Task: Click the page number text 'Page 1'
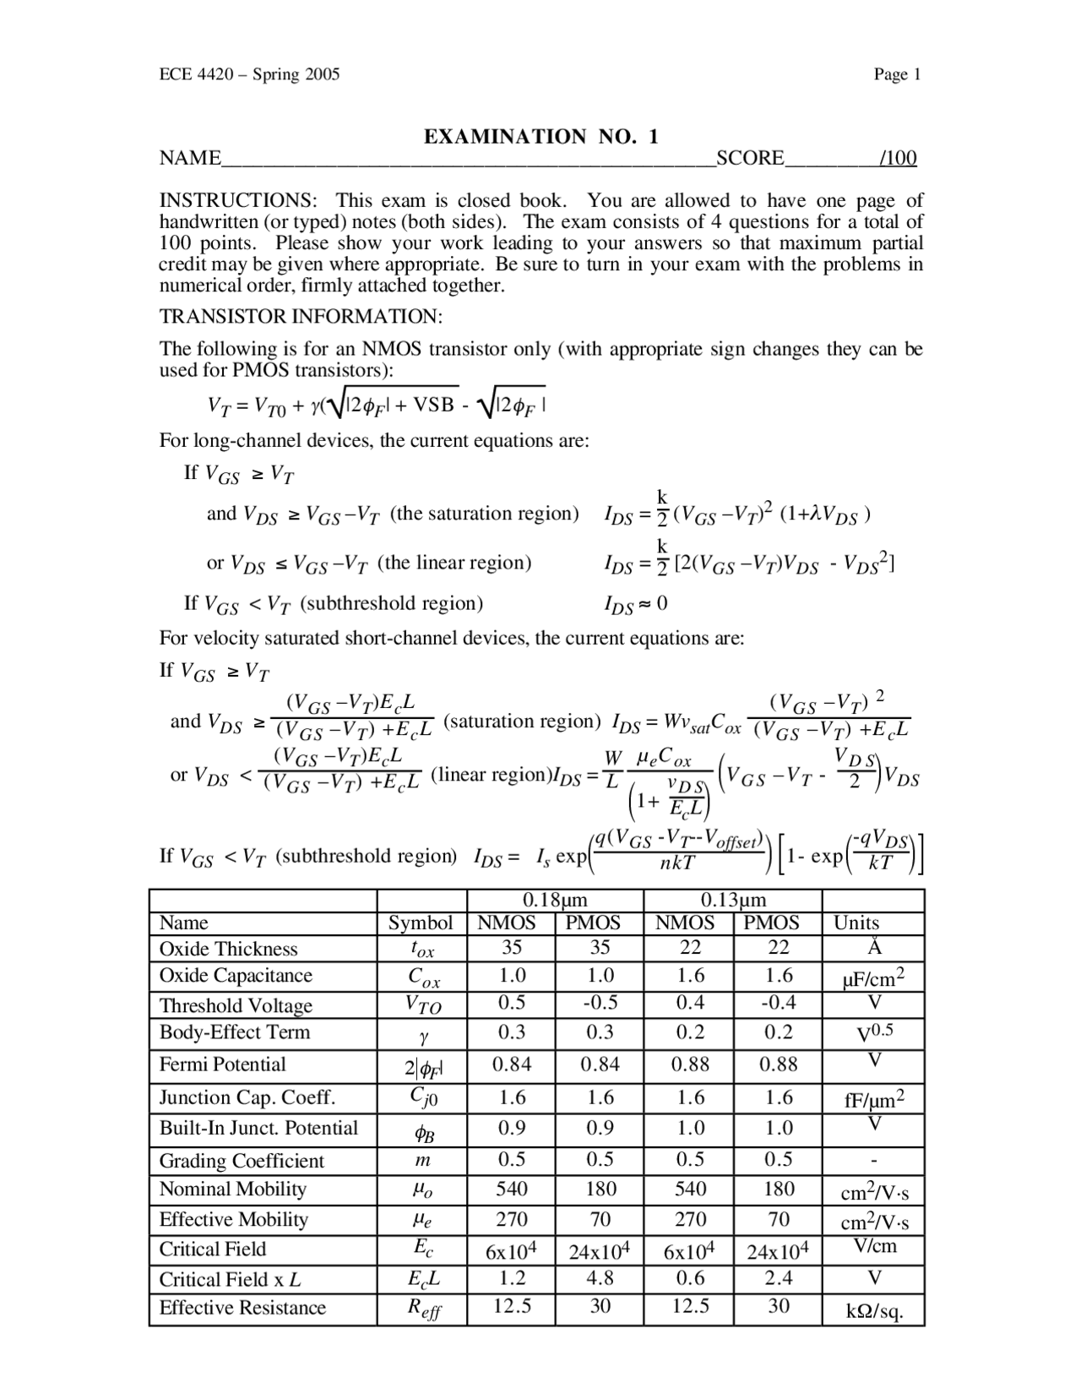pyautogui.click(x=897, y=74)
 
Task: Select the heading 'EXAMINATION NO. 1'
pyautogui.click(x=540, y=137)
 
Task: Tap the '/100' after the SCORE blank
pyautogui.click(x=898, y=158)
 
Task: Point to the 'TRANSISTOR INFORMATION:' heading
pyautogui.click(x=301, y=317)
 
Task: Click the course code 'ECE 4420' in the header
pyautogui.click(x=193, y=74)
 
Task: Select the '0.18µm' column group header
pyautogui.click(x=555, y=901)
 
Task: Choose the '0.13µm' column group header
pyautogui.click(x=733, y=901)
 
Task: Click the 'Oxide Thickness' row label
pyautogui.click(x=229, y=949)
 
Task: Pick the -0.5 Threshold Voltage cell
pyautogui.click(x=600, y=1003)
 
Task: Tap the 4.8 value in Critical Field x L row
pyautogui.click(x=600, y=1278)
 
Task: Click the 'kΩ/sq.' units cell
pyautogui.click(x=874, y=1311)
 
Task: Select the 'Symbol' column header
pyautogui.click(x=421, y=923)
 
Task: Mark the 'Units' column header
pyautogui.click(x=856, y=923)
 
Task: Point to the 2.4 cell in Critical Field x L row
pyautogui.click(x=778, y=1278)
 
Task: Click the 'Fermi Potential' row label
pyautogui.click(x=223, y=1064)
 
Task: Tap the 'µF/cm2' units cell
pyautogui.click(x=873, y=978)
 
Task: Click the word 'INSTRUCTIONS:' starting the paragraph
pyautogui.click(x=239, y=201)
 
